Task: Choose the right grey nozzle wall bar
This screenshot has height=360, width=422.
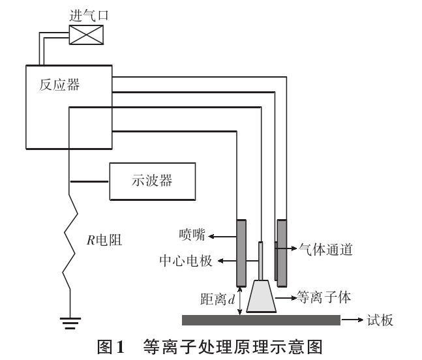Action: click(x=282, y=252)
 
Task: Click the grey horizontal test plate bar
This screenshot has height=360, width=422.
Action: click(x=261, y=320)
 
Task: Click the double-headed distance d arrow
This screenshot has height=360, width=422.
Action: click(x=241, y=301)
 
